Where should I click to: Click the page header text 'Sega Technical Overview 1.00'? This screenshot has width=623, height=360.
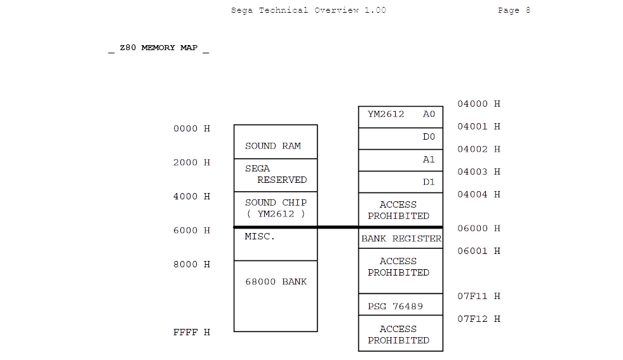click(x=308, y=10)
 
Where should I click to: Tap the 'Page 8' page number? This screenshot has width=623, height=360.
click(x=514, y=10)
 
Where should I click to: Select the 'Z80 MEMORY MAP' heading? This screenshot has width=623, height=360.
click(x=159, y=48)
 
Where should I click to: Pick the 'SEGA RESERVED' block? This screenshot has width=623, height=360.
click(x=275, y=175)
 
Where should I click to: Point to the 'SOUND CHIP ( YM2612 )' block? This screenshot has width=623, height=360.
click(x=275, y=208)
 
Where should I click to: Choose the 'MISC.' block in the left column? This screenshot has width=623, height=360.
click(x=275, y=244)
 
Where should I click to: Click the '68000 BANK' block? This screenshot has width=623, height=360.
click(x=275, y=295)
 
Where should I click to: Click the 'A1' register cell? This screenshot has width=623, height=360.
click(x=401, y=160)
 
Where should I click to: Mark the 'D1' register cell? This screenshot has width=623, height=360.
click(x=401, y=182)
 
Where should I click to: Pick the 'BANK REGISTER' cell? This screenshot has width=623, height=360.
click(x=401, y=239)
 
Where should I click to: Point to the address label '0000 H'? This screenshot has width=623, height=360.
click(x=191, y=129)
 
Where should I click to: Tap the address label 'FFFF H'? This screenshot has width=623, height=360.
click(x=191, y=333)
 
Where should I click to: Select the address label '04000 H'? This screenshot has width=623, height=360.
click(x=479, y=104)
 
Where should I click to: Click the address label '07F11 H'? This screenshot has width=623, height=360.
click(x=479, y=297)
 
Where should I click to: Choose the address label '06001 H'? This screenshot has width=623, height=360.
click(x=479, y=251)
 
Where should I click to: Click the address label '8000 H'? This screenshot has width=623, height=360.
click(x=191, y=265)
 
